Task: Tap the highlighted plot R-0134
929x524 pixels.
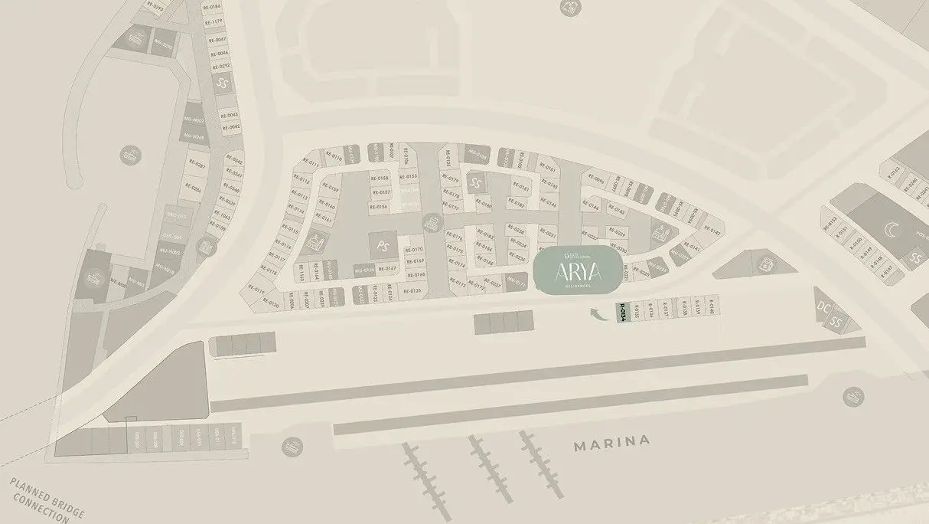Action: (x=622, y=313)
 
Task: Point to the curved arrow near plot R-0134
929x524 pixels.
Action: (x=596, y=312)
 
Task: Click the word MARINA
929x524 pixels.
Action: (x=612, y=442)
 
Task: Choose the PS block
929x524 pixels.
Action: (x=382, y=246)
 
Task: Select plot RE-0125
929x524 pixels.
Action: (x=412, y=291)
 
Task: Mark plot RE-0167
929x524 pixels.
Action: (x=387, y=268)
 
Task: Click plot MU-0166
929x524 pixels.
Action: (x=363, y=270)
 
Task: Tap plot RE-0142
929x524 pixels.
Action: (x=712, y=231)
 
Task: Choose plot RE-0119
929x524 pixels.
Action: (x=255, y=291)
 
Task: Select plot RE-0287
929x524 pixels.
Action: (x=197, y=165)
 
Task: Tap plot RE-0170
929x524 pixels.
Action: (x=413, y=250)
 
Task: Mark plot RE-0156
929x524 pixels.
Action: (x=379, y=207)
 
